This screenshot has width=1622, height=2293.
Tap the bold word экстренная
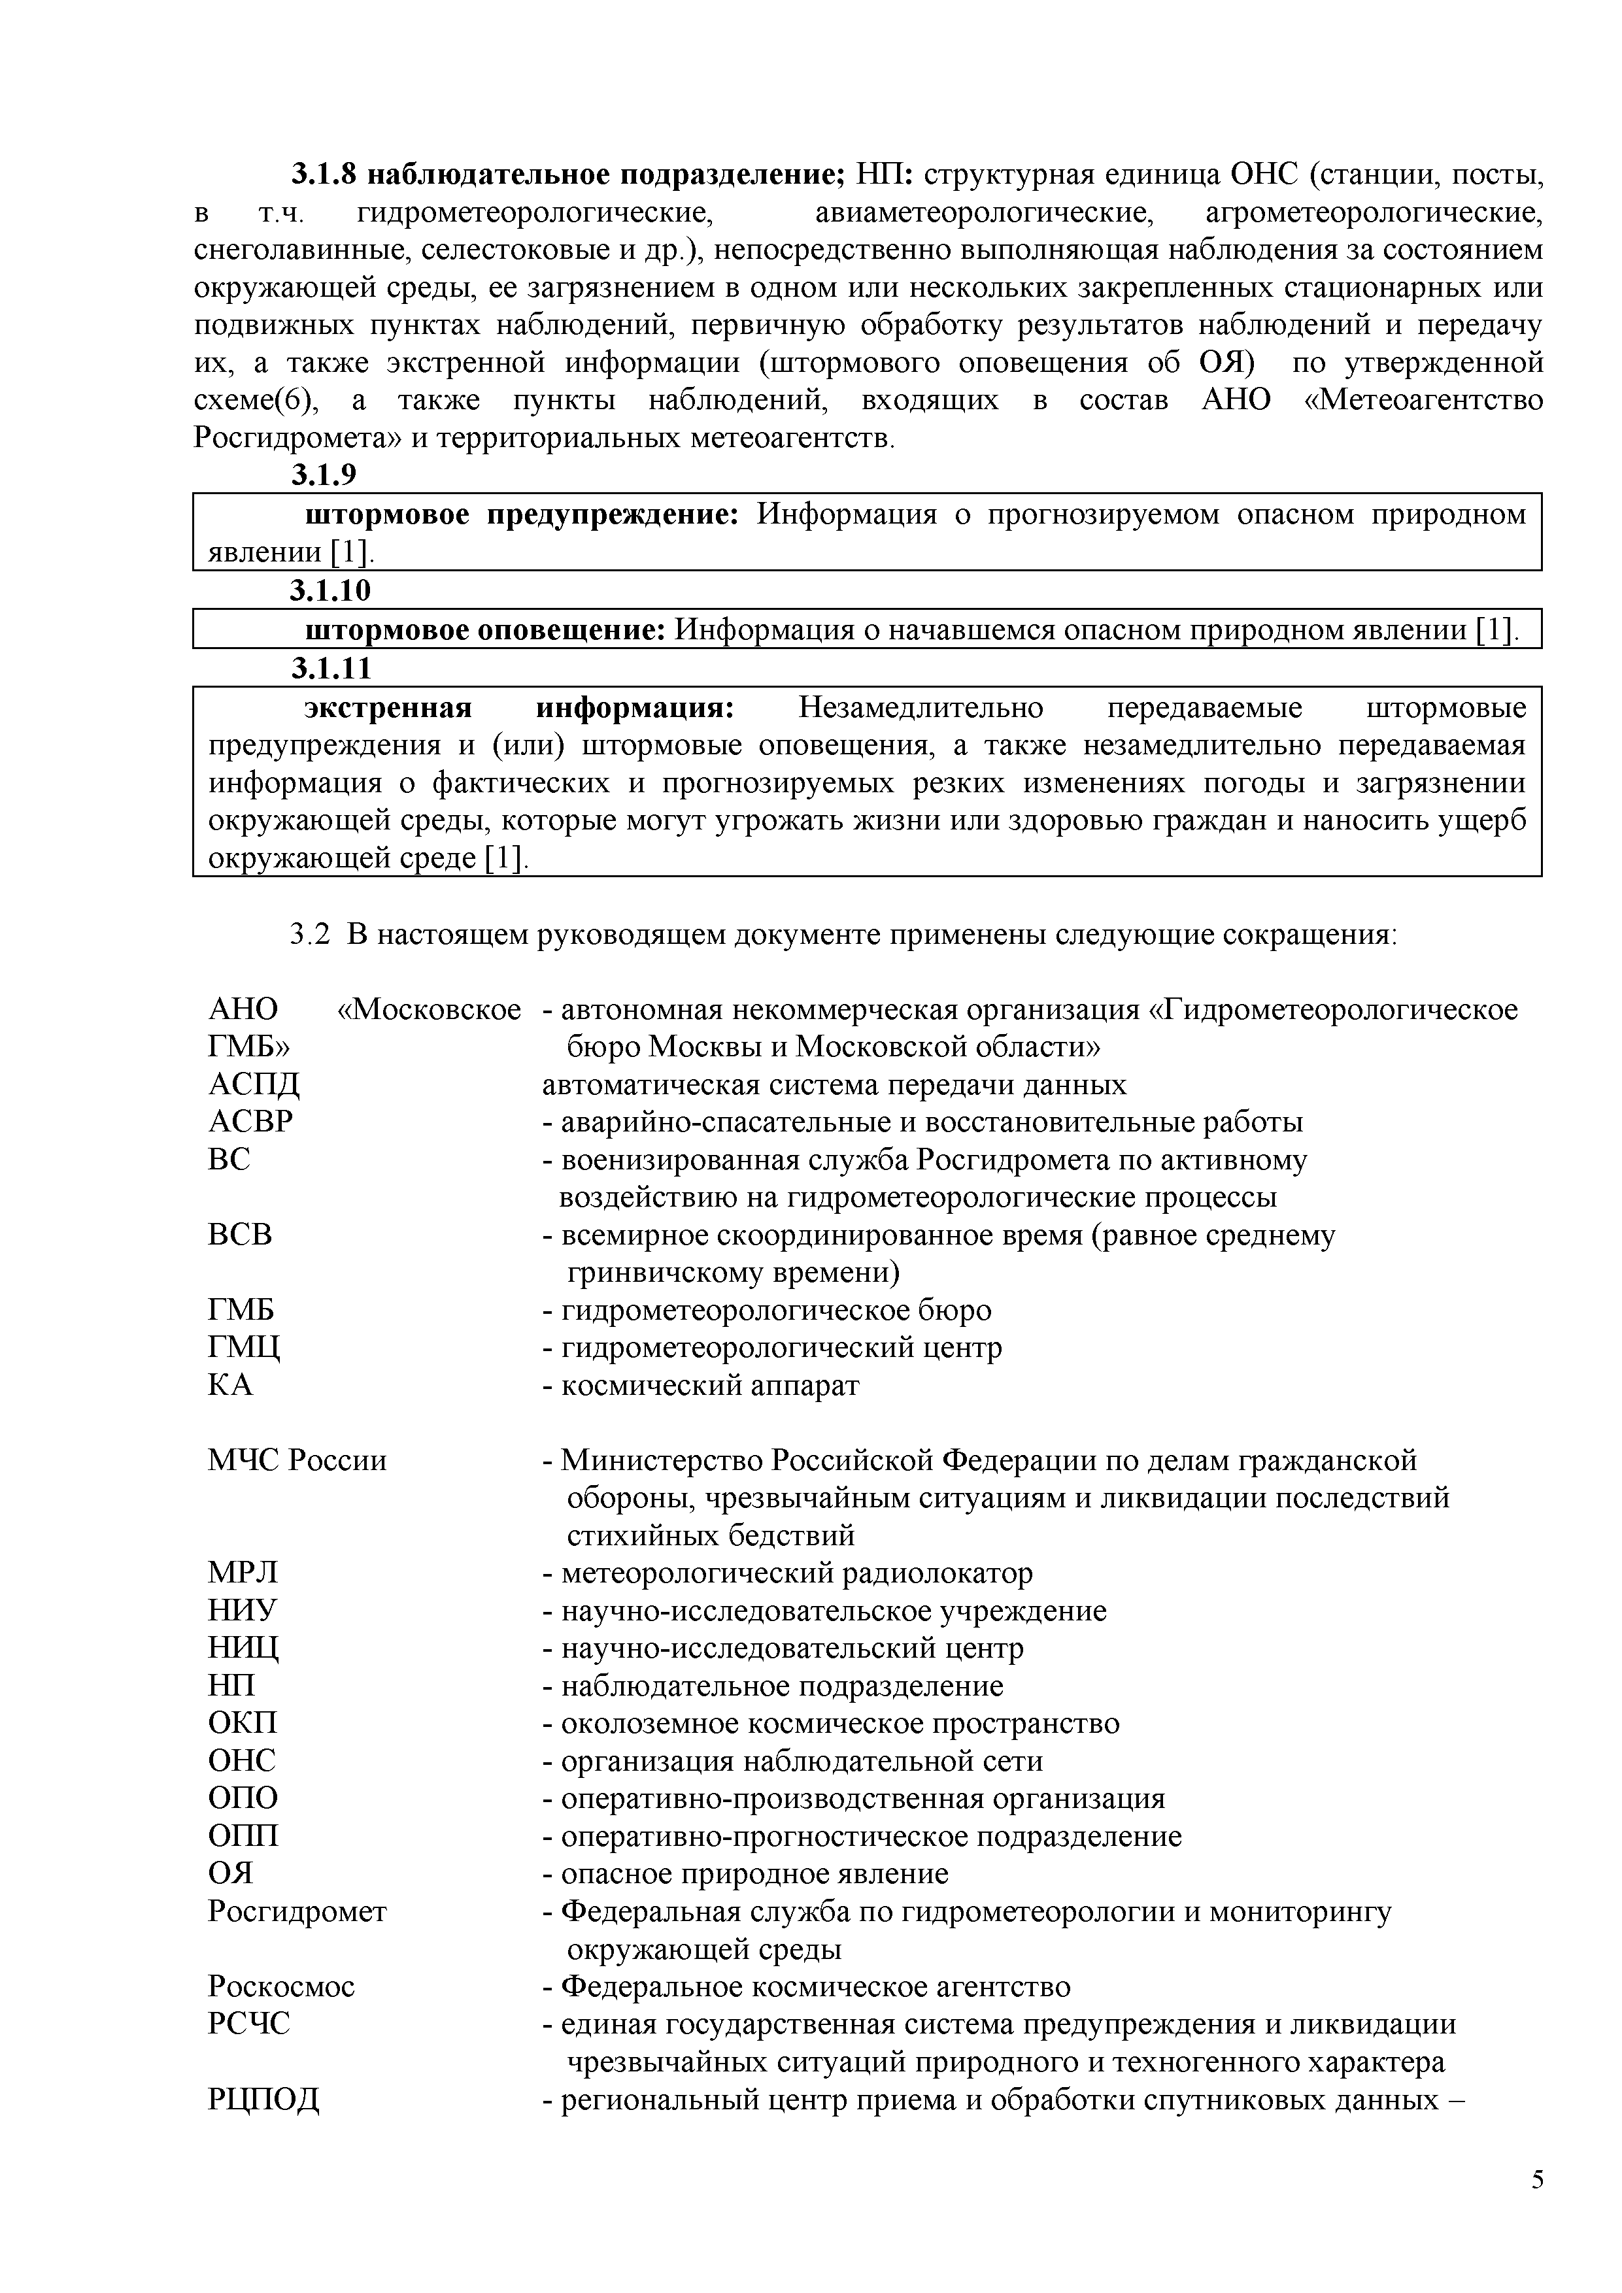[x=388, y=708]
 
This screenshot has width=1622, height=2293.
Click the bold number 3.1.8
[x=322, y=175]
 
